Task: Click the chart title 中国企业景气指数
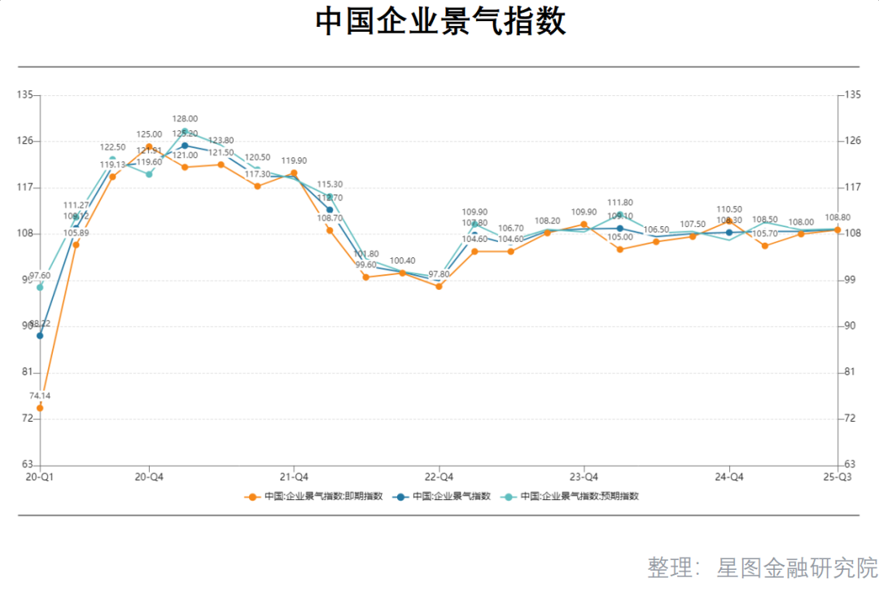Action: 440,22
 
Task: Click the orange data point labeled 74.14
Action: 40,408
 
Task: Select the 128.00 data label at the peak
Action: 185,119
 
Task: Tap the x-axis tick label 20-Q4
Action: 148,476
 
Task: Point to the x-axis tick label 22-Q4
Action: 439,476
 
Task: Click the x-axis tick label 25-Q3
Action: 837,476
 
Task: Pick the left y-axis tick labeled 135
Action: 27,95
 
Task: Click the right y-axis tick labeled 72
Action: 851,418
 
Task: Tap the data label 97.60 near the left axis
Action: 40,276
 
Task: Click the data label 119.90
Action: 294,161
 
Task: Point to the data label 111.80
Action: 620,203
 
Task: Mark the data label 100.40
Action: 402,261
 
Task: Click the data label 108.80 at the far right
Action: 837,218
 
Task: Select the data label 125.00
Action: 148,135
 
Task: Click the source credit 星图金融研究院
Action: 797,567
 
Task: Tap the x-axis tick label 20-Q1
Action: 40,476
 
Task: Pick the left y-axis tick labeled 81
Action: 27,372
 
